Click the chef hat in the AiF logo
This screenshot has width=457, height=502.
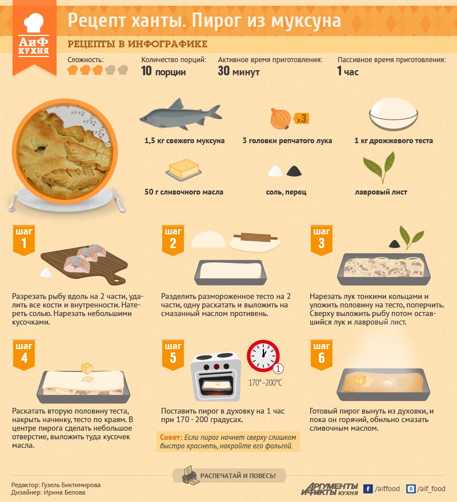click(33, 22)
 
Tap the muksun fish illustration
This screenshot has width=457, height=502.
click(181, 115)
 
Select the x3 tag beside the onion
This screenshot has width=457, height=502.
click(301, 119)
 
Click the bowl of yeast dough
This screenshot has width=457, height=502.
click(393, 114)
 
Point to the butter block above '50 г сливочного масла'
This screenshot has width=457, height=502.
click(184, 169)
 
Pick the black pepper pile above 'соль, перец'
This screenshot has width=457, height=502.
click(294, 171)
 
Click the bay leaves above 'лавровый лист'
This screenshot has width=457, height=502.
click(379, 167)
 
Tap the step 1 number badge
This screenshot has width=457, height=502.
click(24, 240)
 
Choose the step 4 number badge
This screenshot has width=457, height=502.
click(24, 355)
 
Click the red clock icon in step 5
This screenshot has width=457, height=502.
click(263, 356)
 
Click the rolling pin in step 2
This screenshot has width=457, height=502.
click(255, 237)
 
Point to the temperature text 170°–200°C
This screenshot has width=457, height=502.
click(265, 383)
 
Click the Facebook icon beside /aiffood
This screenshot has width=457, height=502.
click(368, 489)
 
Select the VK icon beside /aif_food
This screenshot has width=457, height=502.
click(411, 489)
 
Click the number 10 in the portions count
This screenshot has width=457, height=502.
click(146, 71)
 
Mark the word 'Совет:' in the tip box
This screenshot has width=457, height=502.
click(171, 438)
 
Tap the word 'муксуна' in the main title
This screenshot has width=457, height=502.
click(306, 21)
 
